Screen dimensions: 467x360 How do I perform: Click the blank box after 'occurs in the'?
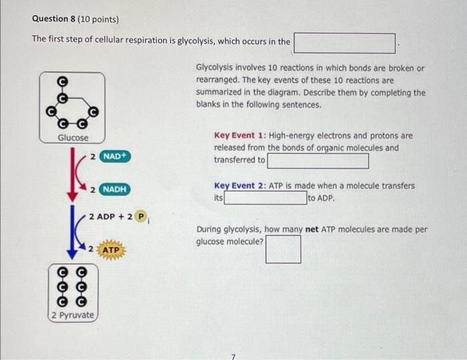pyautogui.click(x=346, y=42)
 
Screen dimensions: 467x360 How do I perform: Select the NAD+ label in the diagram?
pyautogui.click(x=115, y=156)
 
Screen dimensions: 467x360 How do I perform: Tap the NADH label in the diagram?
pyautogui.click(x=115, y=189)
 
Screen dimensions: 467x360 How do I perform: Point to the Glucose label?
pyautogui.click(x=73, y=137)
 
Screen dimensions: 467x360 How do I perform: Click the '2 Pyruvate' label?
pyautogui.click(x=73, y=315)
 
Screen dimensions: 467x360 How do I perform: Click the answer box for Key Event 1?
pyautogui.click(x=318, y=161)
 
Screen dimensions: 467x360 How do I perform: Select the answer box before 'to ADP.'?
pyautogui.click(x=265, y=198)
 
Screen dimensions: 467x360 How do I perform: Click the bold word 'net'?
pyautogui.click(x=312, y=230)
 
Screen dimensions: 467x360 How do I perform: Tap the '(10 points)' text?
pyautogui.click(x=92, y=19)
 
